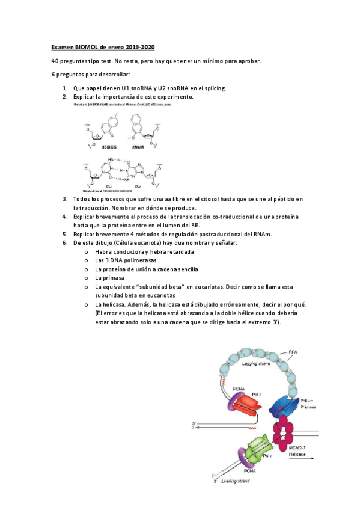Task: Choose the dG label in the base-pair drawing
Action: pyautogui.click(x=144, y=186)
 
